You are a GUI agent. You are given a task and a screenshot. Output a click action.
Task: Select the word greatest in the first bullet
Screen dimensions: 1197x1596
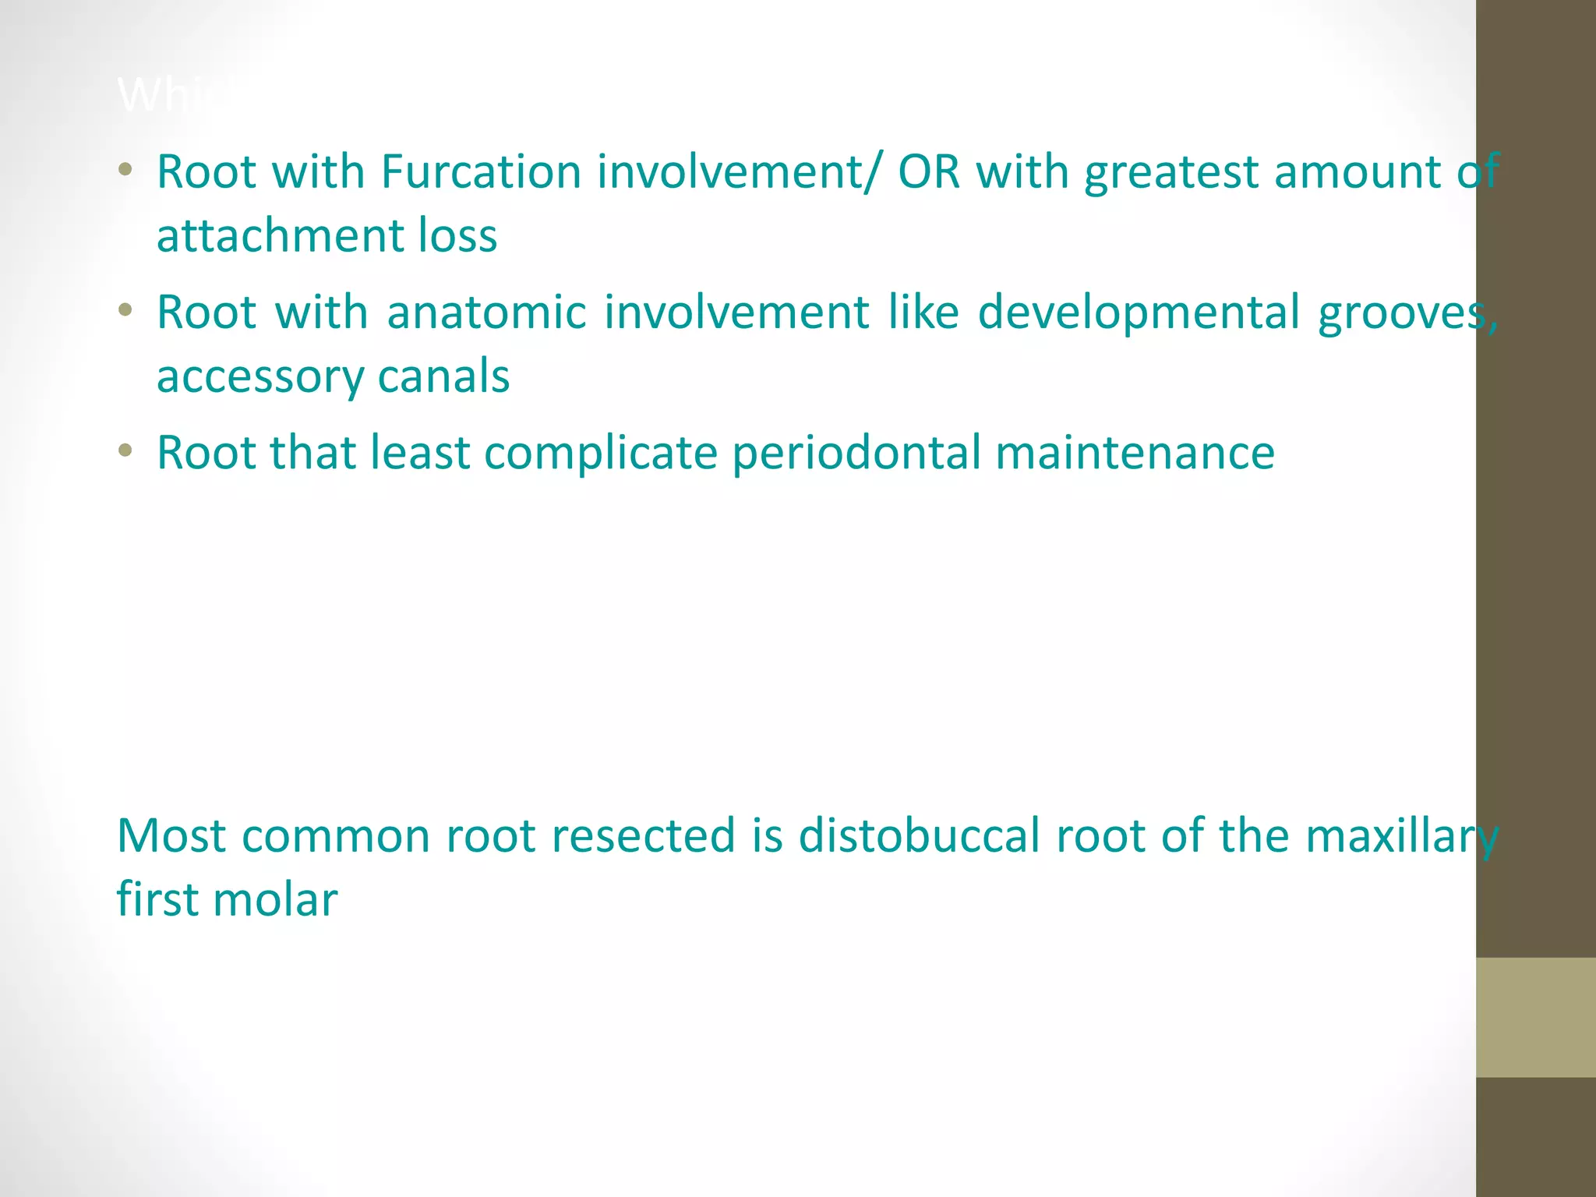pos(1171,173)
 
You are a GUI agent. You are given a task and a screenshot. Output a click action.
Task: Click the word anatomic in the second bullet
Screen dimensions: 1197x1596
pos(486,312)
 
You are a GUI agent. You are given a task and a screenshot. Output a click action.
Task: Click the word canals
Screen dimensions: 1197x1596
pos(443,376)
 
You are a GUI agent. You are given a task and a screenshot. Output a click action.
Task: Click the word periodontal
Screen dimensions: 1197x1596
pos(856,454)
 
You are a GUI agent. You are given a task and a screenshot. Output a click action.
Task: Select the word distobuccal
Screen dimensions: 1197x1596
pos(920,835)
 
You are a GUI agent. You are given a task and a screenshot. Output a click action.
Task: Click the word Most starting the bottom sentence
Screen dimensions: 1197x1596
pos(171,835)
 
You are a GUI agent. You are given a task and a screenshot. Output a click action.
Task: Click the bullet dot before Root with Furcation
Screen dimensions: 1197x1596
pos(125,169)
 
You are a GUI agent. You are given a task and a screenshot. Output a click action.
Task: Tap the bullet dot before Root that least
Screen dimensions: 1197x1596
pos(125,450)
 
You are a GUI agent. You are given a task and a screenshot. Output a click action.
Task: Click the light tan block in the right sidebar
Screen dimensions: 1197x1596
pos(1535,1017)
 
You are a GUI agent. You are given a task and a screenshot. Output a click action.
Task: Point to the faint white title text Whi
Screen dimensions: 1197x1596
pos(164,96)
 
